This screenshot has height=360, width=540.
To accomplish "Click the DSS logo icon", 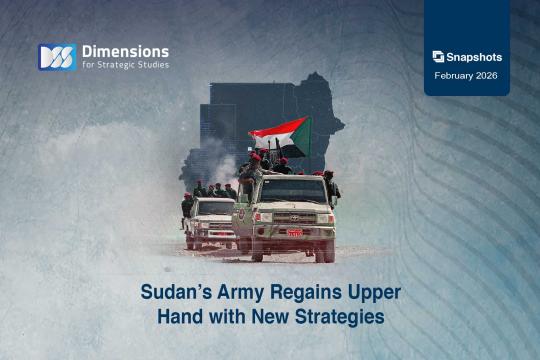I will (56, 57).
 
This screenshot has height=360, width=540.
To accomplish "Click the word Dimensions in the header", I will (125, 50).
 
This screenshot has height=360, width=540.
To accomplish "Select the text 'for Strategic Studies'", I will (125, 66).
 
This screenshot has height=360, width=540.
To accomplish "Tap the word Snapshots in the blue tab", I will (474, 57).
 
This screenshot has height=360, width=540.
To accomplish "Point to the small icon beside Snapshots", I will (438, 57).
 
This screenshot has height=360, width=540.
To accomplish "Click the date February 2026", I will (467, 75).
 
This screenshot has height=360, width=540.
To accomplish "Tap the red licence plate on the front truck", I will (294, 232).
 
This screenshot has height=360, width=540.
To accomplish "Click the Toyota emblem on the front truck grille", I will (294, 215).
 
